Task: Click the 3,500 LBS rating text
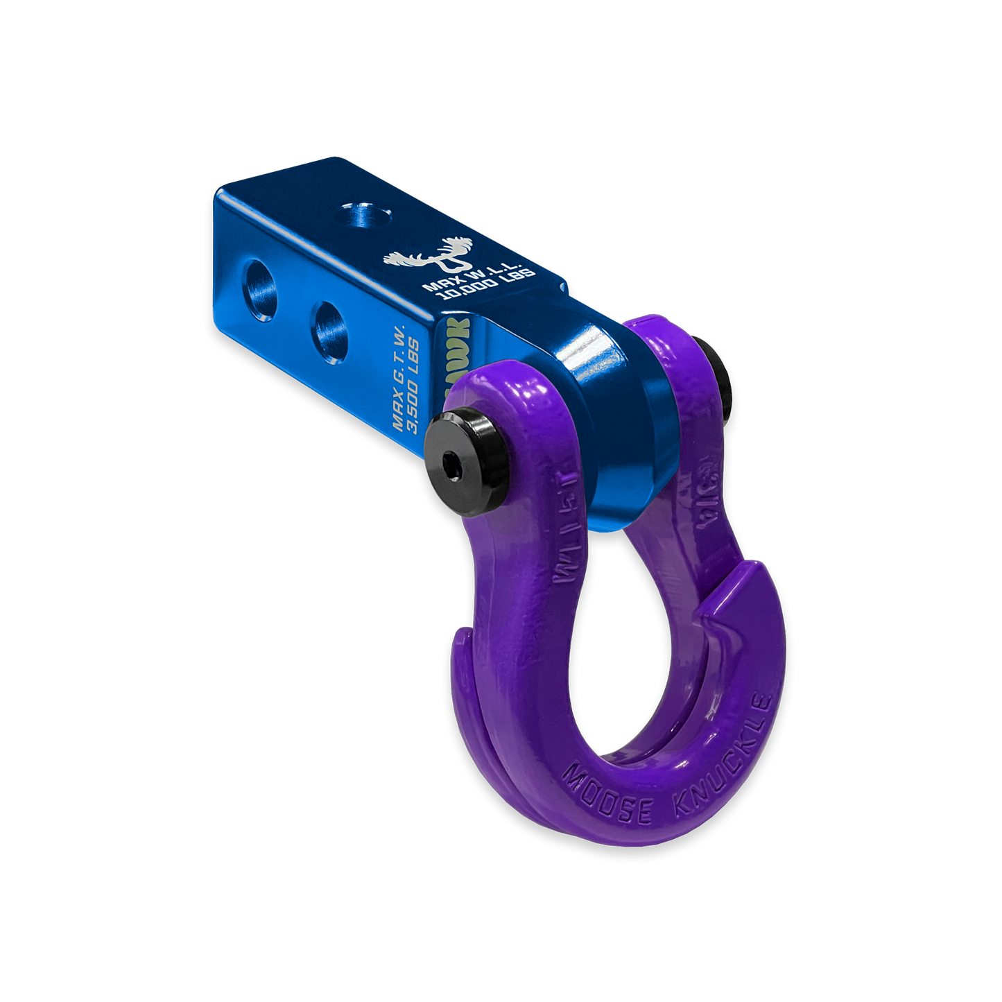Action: (x=413, y=386)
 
